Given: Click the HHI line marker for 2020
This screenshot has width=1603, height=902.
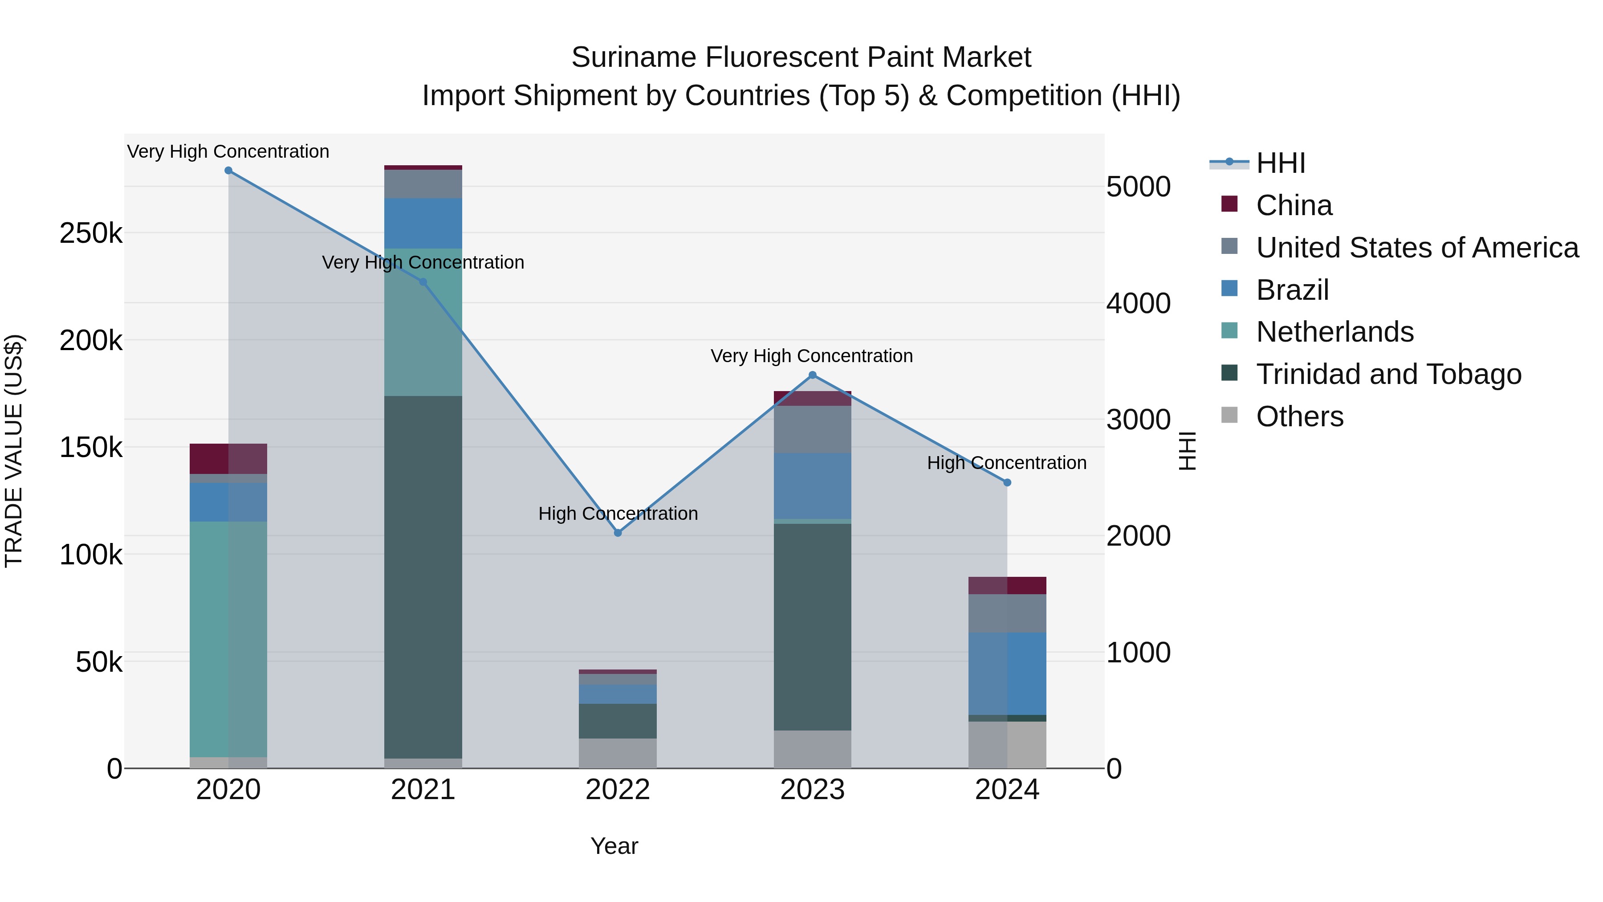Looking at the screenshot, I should (228, 171).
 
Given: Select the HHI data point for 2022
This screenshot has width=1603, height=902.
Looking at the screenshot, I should (618, 533).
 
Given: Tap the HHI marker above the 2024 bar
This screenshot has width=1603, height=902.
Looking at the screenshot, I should (1008, 482).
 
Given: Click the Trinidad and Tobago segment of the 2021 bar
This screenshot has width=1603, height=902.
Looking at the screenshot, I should (423, 576).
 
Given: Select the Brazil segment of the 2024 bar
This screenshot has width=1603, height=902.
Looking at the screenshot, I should (1008, 673).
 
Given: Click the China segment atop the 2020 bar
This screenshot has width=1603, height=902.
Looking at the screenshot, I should (228, 459).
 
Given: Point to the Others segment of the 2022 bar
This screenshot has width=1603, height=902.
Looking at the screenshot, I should (618, 753).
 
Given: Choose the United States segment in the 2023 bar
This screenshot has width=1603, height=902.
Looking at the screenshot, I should (813, 429).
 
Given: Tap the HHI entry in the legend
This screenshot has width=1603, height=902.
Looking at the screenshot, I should (1280, 163).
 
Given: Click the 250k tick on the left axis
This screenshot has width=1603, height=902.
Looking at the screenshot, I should (91, 233).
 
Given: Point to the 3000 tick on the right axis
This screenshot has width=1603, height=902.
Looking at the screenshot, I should (1138, 420).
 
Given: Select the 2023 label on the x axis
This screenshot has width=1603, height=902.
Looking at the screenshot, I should (813, 790).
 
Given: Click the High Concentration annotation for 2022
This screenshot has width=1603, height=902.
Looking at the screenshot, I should (618, 514).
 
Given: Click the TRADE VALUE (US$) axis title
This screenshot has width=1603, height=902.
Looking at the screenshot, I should (14, 451).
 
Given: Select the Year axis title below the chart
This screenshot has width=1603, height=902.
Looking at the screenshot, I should (614, 846).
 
